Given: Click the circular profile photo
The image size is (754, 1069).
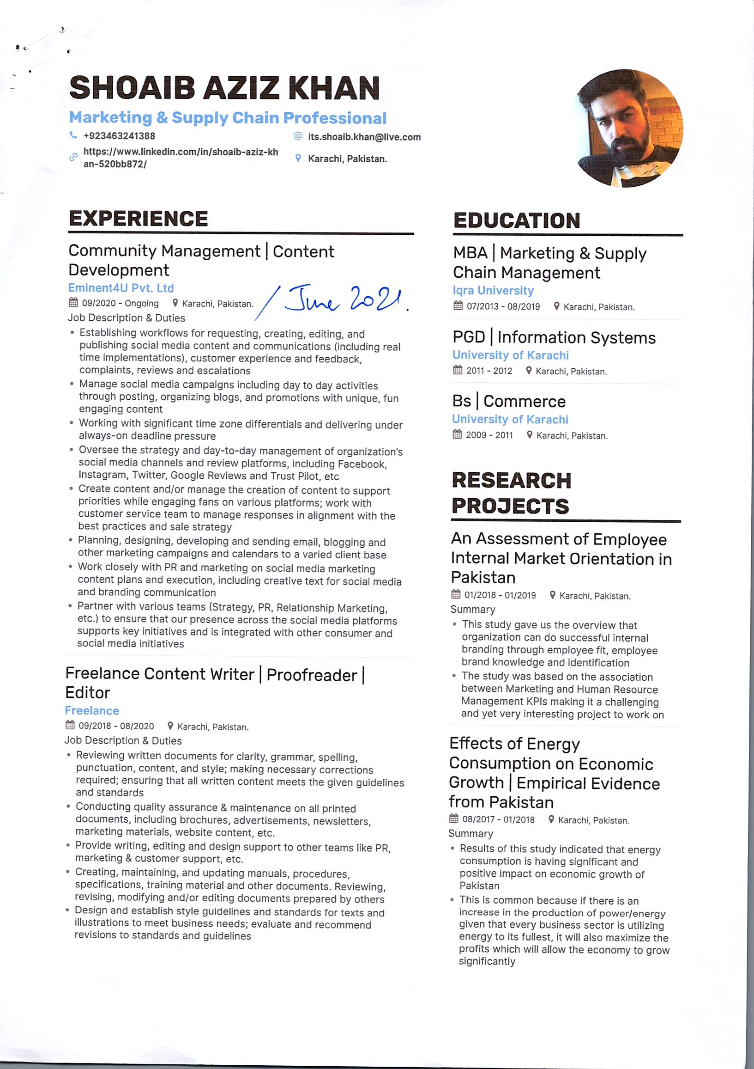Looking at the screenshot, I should click(629, 128).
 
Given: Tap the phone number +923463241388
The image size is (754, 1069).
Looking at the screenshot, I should click(119, 136).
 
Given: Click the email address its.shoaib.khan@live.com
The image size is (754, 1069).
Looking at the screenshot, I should click(364, 137).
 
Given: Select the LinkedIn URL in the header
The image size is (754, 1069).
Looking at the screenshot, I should click(181, 158).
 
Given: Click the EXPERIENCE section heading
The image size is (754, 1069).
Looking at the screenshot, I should click(138, 219).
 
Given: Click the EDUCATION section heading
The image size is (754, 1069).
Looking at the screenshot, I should click(516, 221).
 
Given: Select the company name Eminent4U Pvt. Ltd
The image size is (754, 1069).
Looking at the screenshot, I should click(121, 288).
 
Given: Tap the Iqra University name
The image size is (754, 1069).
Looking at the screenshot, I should click(493, 291).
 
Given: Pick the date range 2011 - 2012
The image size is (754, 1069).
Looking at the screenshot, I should click(489, 371).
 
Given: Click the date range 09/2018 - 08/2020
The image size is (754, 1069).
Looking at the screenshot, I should click(116, 726).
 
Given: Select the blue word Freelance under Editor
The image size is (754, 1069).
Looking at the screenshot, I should click(92, 710).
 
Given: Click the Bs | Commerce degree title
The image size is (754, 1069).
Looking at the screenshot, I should click(509, 401).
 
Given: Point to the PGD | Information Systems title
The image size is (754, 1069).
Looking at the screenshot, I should click(554, 337).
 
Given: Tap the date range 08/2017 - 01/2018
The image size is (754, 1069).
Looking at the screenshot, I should click(498, 819).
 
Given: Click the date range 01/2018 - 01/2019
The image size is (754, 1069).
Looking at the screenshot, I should click(500, 595).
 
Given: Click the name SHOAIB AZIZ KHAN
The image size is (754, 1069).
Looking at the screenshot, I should click(225, 88).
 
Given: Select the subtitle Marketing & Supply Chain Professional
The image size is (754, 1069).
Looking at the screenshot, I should click(228, 118).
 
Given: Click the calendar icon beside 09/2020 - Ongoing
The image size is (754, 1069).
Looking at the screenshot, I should click(73, 303).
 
